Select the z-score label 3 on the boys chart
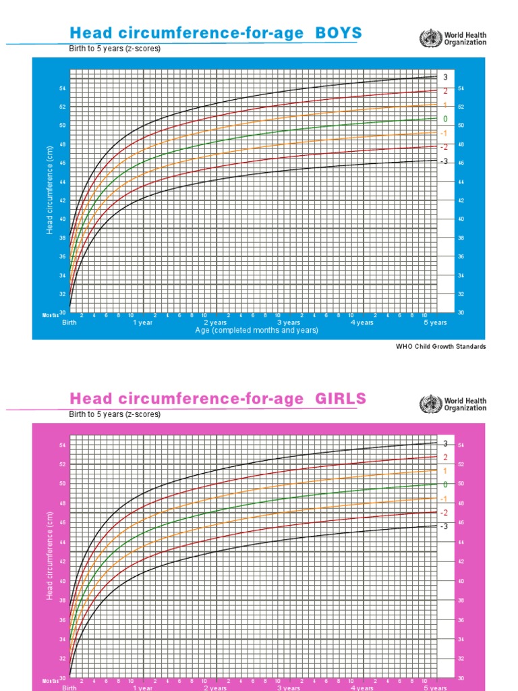pos(444,77)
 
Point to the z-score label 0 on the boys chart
pos(444,119)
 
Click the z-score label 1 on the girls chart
pos(444,471)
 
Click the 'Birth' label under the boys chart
pos(69,323)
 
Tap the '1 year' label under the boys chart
pos(143,323)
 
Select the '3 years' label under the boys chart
pos(289,323)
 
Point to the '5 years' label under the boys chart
pos(436,323)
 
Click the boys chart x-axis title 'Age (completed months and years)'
pos(256,331)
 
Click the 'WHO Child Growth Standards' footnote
pos(440,347)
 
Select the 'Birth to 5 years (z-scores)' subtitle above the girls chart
pos(115,414)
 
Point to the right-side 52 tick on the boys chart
pos(461,107)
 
